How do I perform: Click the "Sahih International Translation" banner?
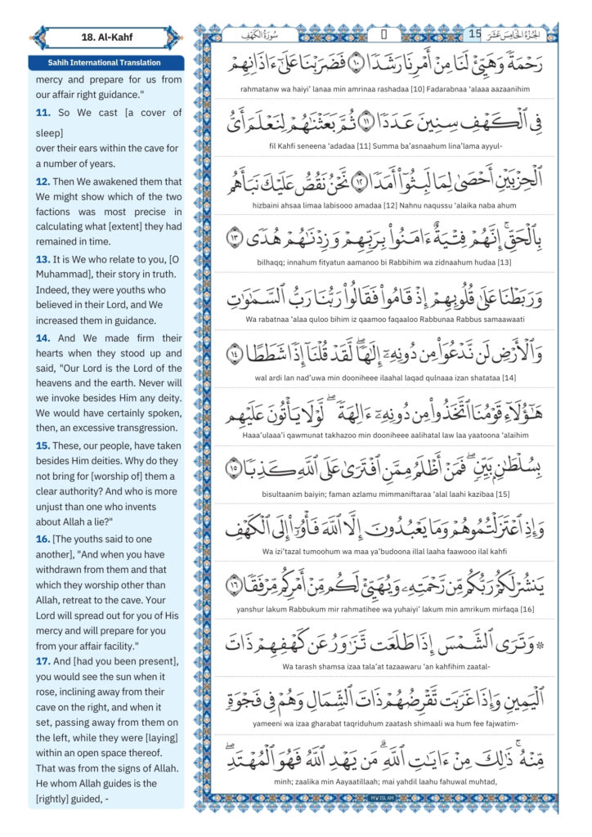coord(105,62)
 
